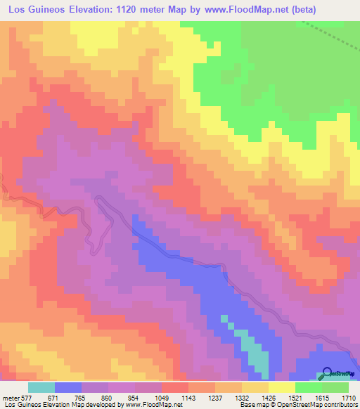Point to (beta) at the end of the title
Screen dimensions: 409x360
click(296, 10)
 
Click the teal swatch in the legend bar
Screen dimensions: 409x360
click(41, 387)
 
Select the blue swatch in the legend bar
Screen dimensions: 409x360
click(67, 387)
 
